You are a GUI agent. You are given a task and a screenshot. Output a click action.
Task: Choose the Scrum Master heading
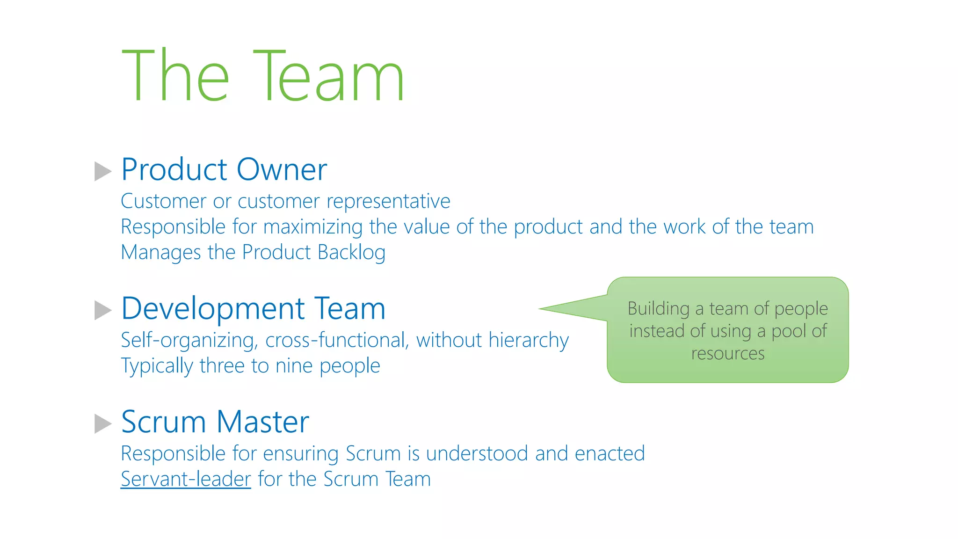(x=215, y=422)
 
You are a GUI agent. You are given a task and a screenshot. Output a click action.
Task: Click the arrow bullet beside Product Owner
(x=102, y=171)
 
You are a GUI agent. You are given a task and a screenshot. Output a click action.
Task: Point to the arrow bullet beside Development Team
(x=102, y=310)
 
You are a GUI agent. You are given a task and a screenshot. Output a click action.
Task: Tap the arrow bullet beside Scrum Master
(x=102, y=423)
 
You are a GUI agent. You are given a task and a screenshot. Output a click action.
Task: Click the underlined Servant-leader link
(x=186, y=479)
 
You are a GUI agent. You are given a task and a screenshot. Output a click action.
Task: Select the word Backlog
(x=351, y=253)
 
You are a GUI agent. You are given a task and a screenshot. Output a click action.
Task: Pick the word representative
(x=388, y=202)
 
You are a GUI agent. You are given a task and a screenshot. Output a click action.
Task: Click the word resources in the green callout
(x=728, y=354)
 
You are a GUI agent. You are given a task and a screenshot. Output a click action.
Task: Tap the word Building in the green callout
(x=658, y=309)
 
